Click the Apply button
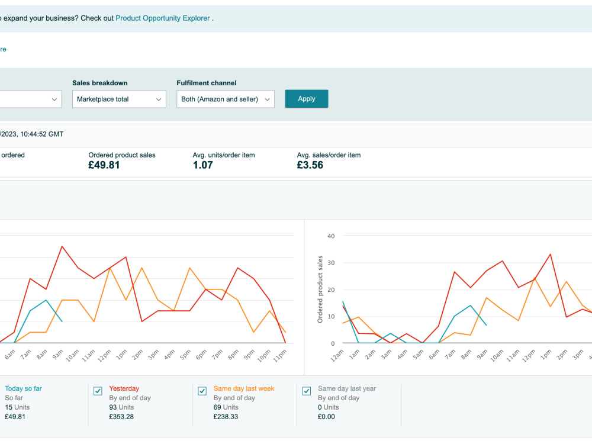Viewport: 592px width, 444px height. (306, 99)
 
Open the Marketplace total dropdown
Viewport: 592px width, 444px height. (119, 99)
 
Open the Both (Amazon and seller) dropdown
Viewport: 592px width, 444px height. (226, 99)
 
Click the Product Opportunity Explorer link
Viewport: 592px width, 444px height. (163, 18)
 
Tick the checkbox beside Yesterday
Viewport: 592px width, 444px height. (98, 391)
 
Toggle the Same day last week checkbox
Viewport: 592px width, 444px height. (202, 391)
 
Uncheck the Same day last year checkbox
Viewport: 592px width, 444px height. (307, 391)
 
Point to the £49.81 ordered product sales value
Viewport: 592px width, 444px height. (104, 165)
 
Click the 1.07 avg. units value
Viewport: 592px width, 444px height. (202, 165)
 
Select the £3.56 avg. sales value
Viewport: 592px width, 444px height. (310, 165)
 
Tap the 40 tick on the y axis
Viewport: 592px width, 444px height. (331, 236)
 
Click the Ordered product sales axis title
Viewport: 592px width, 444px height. (320, 289)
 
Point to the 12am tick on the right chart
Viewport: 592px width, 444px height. (337, 356)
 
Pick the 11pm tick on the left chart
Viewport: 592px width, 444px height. (280, 356)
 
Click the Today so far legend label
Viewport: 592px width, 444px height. (24, 388)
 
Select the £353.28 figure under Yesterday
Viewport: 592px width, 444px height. (121, 417)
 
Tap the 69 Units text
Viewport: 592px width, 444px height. (226, 407)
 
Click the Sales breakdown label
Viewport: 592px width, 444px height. (99, 83)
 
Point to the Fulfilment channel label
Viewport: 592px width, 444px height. (207, 83)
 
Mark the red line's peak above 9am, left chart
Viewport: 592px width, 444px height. (62, 246)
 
